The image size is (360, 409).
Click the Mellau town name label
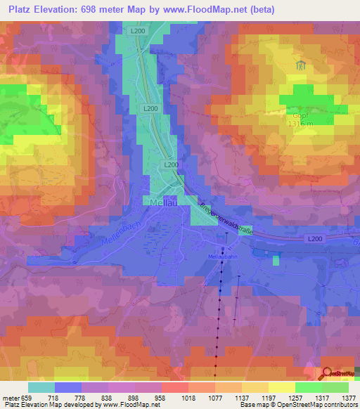coord(162,201)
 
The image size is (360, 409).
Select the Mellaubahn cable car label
coord(224,258)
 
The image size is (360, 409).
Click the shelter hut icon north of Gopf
coord(301,66)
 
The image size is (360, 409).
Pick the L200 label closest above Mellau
coord(171,164)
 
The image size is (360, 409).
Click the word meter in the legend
coord(12,397)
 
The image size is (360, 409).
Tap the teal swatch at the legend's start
coord(41,387)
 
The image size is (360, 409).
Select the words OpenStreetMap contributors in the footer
coord(309,405)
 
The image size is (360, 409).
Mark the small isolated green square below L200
coord(276,260)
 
